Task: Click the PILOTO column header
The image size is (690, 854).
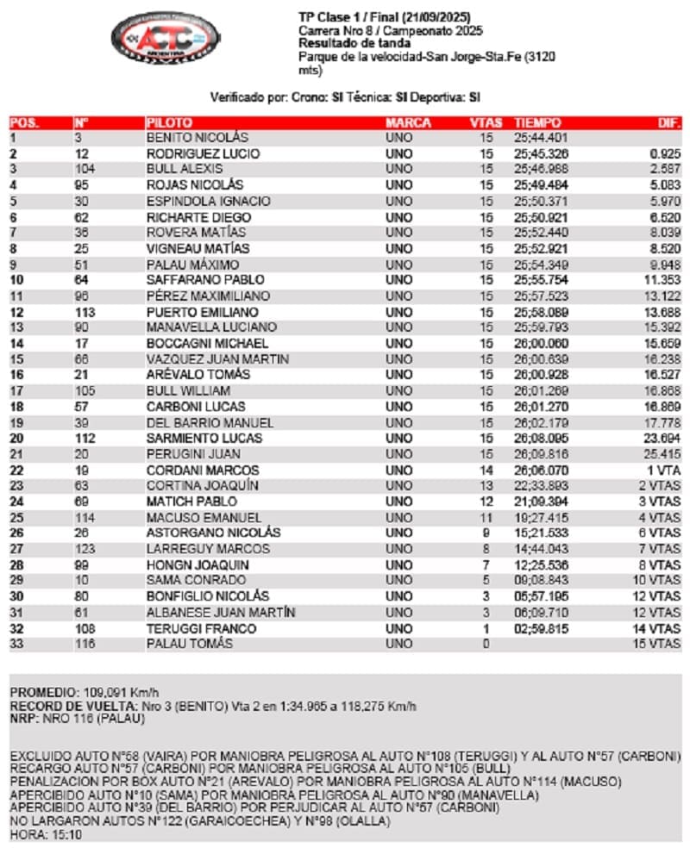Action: tap(169, 122)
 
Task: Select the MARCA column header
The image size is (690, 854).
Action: tap(408, 122)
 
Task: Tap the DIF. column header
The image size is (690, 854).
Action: tap(669, 122)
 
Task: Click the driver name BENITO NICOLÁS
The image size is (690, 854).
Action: tap(197, 138)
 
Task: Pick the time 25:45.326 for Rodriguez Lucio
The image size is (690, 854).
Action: tap(540, 153)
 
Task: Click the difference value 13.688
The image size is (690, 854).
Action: tap(662, 312)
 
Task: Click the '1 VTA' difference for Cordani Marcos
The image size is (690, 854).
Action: tap(664, 471)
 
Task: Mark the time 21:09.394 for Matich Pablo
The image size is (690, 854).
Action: tap(540, 502)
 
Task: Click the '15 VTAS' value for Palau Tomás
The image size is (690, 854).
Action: tap(660, 644)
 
